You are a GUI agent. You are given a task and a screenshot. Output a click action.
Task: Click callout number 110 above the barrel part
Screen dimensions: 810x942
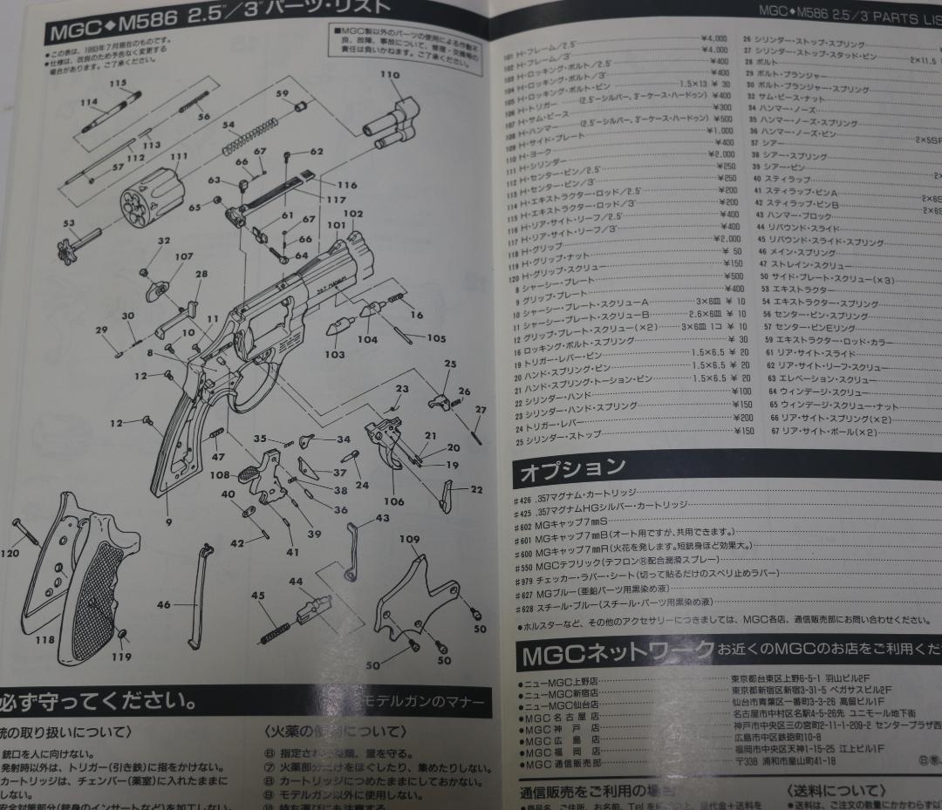coord(390,76)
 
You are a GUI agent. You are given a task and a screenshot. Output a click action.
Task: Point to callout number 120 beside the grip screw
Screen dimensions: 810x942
coord(10,553)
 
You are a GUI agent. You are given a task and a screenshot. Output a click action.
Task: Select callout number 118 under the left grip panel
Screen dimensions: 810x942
coord(44,638)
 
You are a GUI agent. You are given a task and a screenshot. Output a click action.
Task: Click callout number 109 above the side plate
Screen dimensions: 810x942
coord(409,540)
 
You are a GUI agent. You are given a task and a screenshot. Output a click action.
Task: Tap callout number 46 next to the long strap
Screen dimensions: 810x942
coord(163,604)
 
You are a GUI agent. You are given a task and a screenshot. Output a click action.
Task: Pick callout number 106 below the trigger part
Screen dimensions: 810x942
coord(394,501)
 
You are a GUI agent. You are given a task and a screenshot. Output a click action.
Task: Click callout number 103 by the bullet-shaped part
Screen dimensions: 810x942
coord(334,355)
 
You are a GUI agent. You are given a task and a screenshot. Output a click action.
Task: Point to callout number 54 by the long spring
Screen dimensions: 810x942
coord(229,126)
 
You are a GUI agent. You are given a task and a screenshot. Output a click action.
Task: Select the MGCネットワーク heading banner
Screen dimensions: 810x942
coord(615,653)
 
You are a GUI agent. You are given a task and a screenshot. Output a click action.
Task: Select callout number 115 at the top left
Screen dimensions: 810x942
coord(118,84)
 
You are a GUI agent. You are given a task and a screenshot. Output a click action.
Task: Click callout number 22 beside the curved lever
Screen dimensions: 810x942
coord(476,490)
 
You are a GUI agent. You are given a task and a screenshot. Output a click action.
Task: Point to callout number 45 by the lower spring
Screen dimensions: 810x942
coord(258,596)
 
